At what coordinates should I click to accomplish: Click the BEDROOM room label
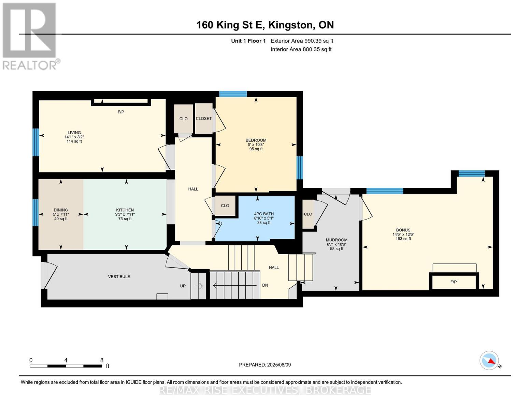click(256, 140)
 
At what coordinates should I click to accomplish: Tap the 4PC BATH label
click(264, 214)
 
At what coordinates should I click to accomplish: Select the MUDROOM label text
click(336, 240)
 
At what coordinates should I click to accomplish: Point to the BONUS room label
click(403, 230)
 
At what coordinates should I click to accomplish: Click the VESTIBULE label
click(119, 277)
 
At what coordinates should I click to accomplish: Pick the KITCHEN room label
click(125, 210)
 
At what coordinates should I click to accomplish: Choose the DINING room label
click(61, 210)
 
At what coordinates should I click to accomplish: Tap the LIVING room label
click(74, 133)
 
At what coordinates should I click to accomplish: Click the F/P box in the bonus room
click(454, 282)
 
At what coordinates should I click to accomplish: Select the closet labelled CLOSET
click(204, 119)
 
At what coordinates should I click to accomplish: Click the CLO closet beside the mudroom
click(308, 214)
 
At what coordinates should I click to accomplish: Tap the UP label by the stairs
click(183, 286)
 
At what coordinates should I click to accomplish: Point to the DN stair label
click(265, 285)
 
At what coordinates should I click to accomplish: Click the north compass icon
click(489, 361)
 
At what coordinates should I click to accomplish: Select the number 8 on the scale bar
click(102, 360)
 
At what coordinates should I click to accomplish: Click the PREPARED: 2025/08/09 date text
click(265, 365)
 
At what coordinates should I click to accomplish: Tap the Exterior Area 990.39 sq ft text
click(302, 41)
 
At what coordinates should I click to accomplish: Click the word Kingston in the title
click(290, 25)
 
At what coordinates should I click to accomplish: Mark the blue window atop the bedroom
click(233, 94)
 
